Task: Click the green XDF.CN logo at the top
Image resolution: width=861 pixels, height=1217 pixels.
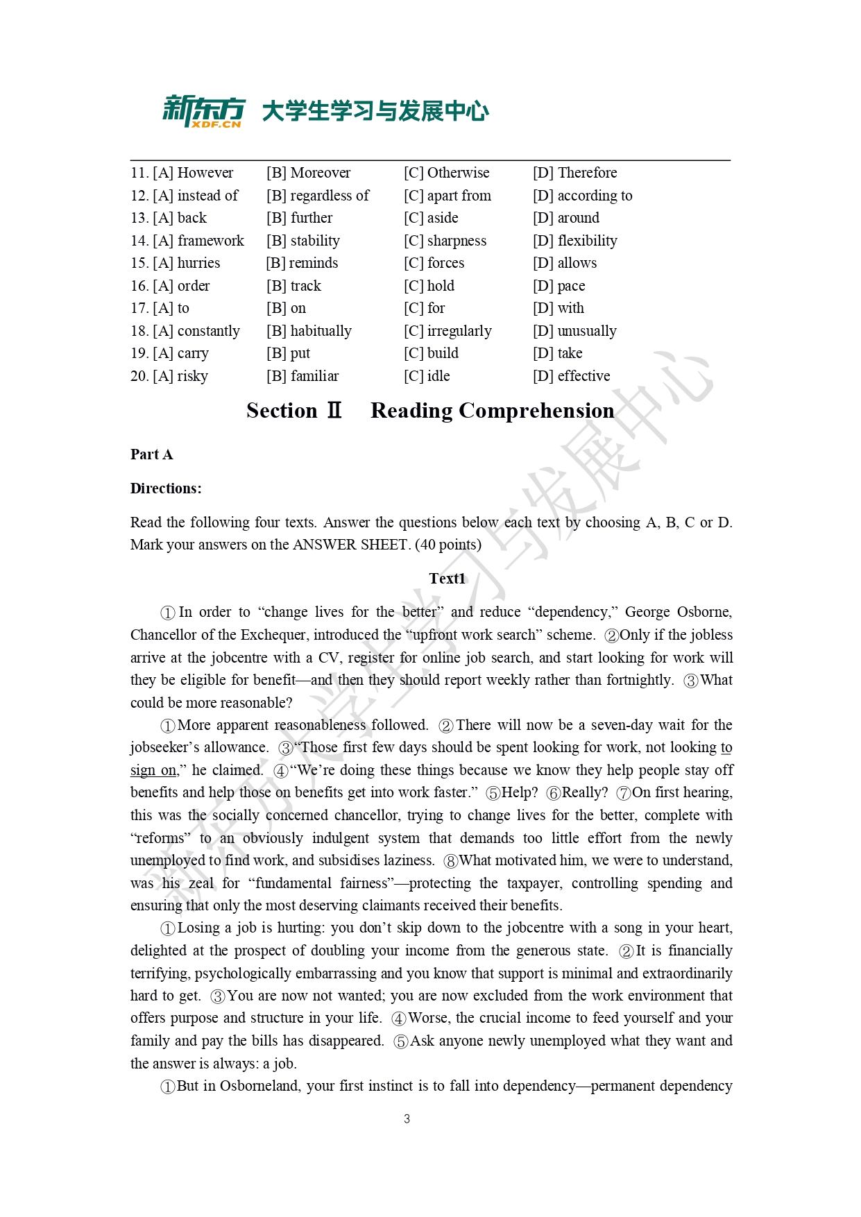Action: pyautogui.click(x=204, y=111)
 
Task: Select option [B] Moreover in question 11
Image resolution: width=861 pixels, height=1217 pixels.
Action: pyautogui.click(x=308, y=173)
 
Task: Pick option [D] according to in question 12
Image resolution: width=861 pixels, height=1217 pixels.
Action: pyautogui.click(x=582, y=196)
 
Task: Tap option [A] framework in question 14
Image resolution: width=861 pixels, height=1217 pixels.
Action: pyautogui.click(x=187, y=241)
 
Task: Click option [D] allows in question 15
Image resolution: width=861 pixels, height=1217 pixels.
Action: pyautogui.click(x=565, y=263)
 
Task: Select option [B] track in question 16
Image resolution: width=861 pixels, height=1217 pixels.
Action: pyautogui.click(x=293, y=286)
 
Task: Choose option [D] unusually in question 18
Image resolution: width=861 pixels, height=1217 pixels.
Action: pyautogui.click(x=574, y=331)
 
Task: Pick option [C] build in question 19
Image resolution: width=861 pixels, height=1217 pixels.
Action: pyautogui.click(x=431, y=353)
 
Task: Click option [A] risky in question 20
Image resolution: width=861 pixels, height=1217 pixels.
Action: pyautogui.click(x=169, y=376)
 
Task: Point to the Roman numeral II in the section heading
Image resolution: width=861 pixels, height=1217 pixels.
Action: pyautogui.click(x=334, y=411)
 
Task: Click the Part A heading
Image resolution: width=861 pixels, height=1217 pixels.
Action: pyautogui.click(x=151, y=454)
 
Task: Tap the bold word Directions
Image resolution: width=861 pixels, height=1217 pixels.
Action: pyautogui.click(x=166, y=488)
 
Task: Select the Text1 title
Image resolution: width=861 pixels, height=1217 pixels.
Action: pyautogui.click(x=447, y=579)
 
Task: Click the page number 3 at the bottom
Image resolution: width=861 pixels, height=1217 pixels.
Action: pyautogui.click(x=407, y=1119)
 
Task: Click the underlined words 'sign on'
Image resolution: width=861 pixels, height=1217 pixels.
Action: pyautogui.click(x=153, y=770)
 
